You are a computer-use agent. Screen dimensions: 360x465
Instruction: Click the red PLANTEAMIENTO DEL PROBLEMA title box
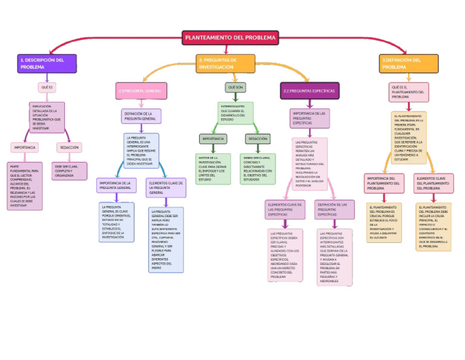[230, 38]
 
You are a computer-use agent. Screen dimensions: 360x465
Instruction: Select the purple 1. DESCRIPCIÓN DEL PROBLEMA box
[47, 64]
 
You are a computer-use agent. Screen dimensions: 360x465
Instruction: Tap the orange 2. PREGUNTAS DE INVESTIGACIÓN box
[225, 64]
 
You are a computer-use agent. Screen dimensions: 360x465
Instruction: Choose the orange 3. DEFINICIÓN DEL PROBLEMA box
[409, 64]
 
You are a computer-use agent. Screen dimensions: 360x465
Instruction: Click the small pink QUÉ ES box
[47, 88]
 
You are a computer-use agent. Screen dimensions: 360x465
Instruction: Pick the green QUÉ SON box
[236, 88]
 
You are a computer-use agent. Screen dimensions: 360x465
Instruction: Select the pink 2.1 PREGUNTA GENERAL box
[141, 91]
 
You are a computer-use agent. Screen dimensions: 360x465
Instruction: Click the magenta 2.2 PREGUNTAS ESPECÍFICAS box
[309, 91]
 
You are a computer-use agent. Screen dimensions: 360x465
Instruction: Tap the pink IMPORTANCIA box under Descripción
[25, 147]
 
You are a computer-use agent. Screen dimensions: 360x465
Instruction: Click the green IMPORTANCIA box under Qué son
[213, 139]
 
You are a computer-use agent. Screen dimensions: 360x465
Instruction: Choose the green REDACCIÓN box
[258, 139]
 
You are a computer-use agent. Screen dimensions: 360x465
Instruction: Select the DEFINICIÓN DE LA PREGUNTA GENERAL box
[141, 116]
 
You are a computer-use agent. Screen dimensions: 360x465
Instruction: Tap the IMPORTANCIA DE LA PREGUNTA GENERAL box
[116, 185]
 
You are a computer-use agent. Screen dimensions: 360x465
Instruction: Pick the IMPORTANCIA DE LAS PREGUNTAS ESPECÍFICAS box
[310, 118]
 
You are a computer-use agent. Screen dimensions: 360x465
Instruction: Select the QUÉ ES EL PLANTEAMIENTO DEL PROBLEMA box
[409, 92]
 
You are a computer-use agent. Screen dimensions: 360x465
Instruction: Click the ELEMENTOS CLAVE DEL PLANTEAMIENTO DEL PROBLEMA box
[434, 184]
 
